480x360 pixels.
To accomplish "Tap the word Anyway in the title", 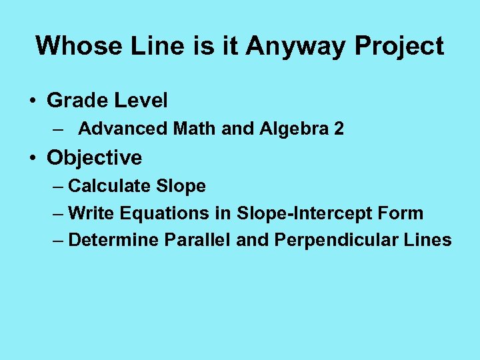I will tap(296, 46).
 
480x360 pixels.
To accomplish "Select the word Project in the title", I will tap(399, 46).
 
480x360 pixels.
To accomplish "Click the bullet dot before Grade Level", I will tap(32, 101).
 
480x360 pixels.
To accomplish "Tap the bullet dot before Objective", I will tap(32, 159).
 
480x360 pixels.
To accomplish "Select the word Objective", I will tap(94, 158).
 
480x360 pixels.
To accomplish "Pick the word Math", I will tap(194, 129).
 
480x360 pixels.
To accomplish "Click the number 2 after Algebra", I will tap(339, 129).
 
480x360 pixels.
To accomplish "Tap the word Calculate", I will tap(111, 186).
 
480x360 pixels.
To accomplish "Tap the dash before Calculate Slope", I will tap(58, 187).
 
